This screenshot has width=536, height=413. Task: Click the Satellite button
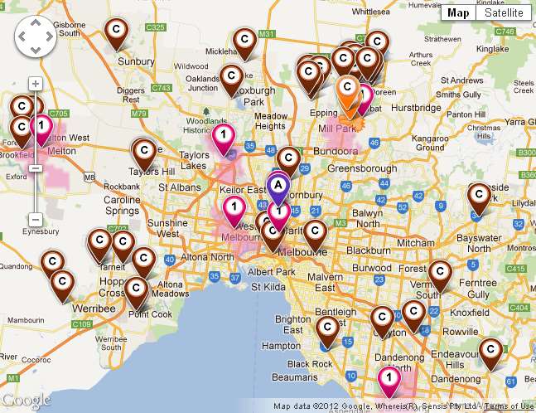pyautogui.click(x=504, y=12)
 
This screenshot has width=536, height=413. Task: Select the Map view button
pyautogui.click(x=458, y=12)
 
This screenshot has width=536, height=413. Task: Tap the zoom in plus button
pyautogui.click(x=36, y=84)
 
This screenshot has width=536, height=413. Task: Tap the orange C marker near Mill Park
pyautogui.click(x=349, y=91)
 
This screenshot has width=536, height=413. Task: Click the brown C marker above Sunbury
pyautogui.click(x=117, y=31)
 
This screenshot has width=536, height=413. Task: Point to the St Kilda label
pyautogui.click(x=268, y=288)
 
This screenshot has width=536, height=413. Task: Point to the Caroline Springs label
pyautogui.click(x=122, y=205)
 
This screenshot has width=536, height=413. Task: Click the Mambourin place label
pyautogui.click(x=26, y=318)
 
